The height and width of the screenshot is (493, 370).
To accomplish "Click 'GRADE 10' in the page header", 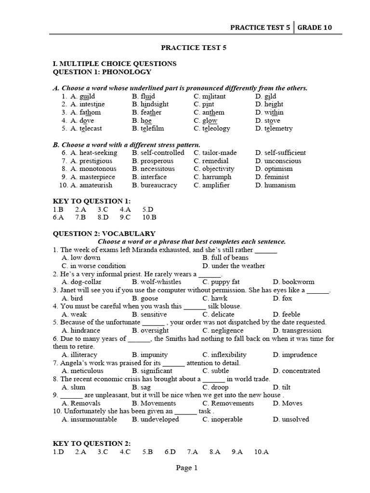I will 314,27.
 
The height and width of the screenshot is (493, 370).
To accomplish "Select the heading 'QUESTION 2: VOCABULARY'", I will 104,233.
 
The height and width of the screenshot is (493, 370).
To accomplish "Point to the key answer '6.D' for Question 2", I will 170,452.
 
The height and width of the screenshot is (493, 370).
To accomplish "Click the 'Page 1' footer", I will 187,467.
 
